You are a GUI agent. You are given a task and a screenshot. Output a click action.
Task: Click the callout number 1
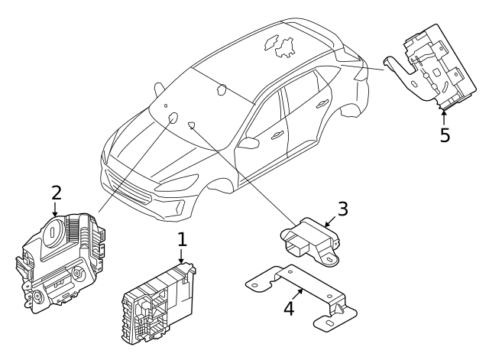pos(182,239)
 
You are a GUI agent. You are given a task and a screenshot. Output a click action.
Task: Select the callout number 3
pos(343,208)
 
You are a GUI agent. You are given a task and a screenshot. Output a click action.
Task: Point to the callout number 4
pos(288,310)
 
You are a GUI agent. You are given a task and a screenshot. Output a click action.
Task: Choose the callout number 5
pos(445,135)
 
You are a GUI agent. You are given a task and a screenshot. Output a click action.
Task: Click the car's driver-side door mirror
pos(249,143)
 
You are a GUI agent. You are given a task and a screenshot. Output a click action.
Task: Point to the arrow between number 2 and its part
pos(56,208)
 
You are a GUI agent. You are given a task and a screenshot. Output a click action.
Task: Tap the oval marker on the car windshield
pos(173,118)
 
